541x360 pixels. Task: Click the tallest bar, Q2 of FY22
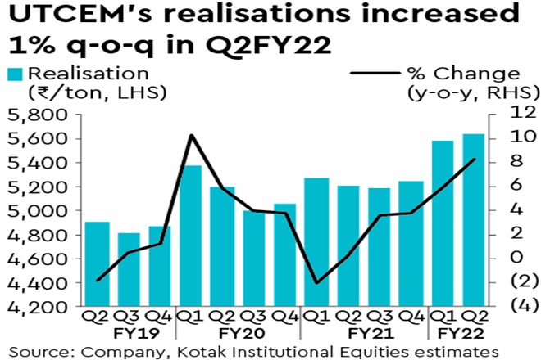pyautogui.click(x=474, y=221)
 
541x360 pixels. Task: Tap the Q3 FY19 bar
pyautogui.click(x=128, y=270)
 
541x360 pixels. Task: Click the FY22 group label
pyautogui.click(x=458, y=334)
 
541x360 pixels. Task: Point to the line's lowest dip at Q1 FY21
pyautogui.click(x=316, y=283)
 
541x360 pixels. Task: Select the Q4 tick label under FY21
pyautogui.click(x=411, y=317)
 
